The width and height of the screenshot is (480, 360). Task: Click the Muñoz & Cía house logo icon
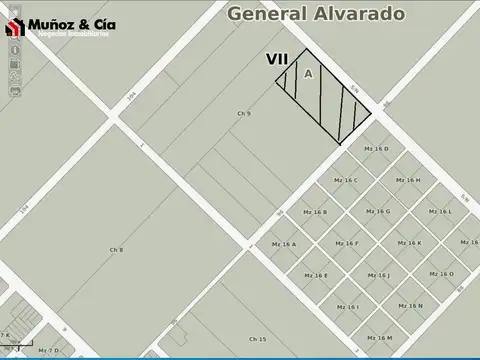point(15,26)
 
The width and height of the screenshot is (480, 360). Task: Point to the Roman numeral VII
point(278,61)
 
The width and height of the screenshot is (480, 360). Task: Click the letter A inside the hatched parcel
point(308,74)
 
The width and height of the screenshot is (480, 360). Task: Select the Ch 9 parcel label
point(244,114)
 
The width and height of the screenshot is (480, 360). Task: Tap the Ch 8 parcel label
point(116,248)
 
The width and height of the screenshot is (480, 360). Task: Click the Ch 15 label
point(258,339)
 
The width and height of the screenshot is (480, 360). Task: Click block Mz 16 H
point(408,180)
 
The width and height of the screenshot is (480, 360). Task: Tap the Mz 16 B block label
point(315,212)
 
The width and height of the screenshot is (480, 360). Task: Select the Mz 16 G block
point(377,212)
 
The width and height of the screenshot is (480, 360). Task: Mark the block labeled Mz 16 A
point(284,244)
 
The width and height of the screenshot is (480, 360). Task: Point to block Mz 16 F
point(346,243)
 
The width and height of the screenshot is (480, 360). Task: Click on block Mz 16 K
point(408,243)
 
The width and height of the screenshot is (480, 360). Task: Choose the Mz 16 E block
point(316,275)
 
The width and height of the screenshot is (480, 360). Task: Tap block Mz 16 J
point(378,275)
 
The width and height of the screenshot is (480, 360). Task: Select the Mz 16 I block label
point(347,306)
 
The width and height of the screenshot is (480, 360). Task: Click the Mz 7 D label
point(48,350)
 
